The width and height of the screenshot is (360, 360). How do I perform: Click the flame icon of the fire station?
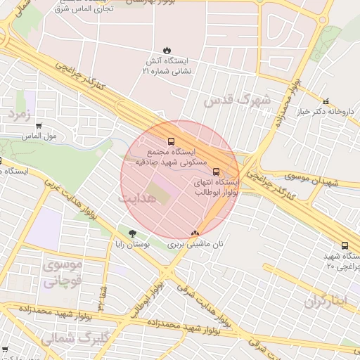click(167, 50)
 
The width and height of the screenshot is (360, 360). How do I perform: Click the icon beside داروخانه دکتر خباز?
click(325, 101)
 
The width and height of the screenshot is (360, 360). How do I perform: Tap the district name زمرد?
click(20, 112)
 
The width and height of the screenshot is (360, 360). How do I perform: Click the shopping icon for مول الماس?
click(39, 126)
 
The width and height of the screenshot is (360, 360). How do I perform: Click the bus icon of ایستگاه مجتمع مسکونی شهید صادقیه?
click(170, 141)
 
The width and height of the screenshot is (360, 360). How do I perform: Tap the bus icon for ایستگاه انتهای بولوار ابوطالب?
click(216, 171)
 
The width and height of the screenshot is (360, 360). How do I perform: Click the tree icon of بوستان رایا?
click(133, 233)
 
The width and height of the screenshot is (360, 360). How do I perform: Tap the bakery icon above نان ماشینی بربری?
click(195, 233)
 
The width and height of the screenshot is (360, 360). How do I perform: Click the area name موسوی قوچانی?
click(63, 273)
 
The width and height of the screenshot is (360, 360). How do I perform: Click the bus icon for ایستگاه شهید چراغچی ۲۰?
click(345, 245)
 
